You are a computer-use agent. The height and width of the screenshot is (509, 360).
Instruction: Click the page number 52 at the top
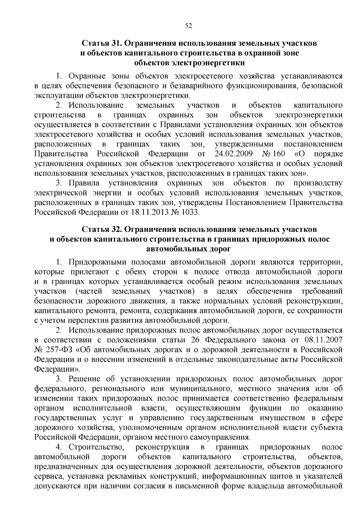pos(188,26)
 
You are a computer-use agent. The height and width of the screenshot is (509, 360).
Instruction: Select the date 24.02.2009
pos(234,154)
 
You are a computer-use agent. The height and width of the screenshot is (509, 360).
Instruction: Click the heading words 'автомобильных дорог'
pos(188,249)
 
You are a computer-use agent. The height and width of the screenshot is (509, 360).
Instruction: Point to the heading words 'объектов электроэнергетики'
pos(190,63)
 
